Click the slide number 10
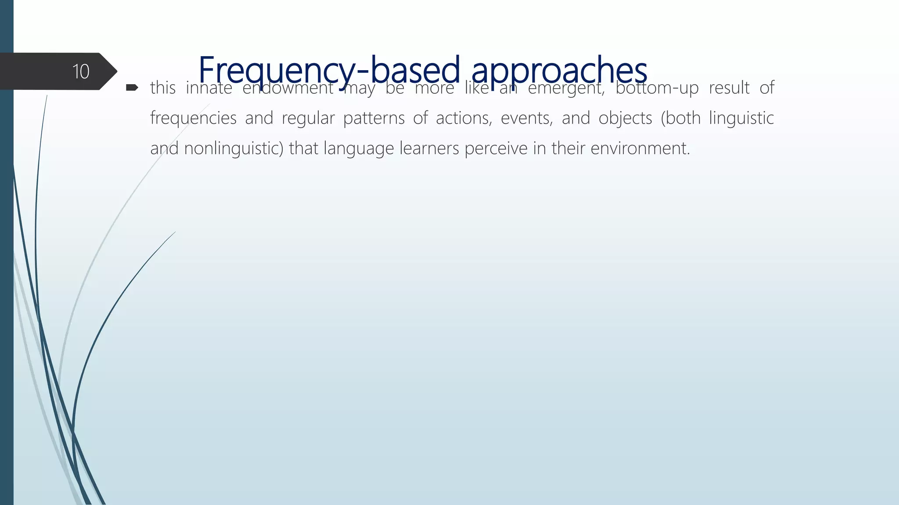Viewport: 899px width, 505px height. [x=81, y=71]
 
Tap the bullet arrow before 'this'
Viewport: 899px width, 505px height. [x=132, y=88]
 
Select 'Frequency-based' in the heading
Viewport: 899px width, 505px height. [x=329, y=70]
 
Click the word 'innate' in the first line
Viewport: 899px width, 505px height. [x=209, y=88]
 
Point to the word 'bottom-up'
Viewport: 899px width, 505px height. [x=657, y=88]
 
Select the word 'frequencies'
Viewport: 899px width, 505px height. [x=193, y=118]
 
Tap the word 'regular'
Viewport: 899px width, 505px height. [x=308, y=118]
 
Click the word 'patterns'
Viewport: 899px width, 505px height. [x=374, y=118]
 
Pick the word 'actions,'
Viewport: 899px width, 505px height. [x=464, y=118]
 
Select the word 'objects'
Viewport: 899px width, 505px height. [x=625, y=118]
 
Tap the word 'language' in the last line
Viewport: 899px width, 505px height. [x=359, y=149]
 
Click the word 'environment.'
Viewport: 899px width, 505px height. [x=640, y=149]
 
